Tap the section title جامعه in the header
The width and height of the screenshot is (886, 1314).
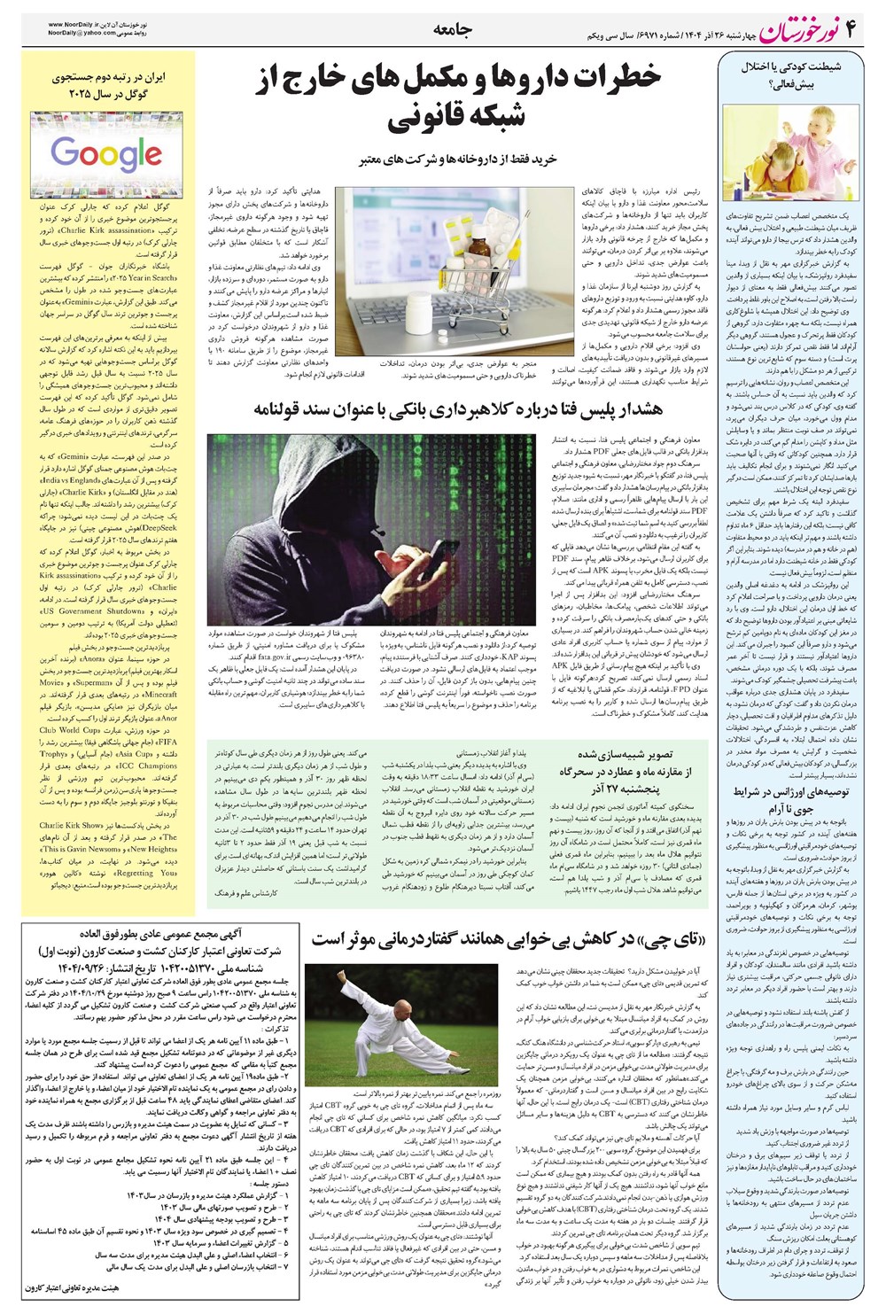pos(454,29)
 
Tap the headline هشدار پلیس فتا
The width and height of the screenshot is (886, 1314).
pos(458,408)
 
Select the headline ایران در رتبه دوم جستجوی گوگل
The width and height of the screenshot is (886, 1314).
pos(106,85)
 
